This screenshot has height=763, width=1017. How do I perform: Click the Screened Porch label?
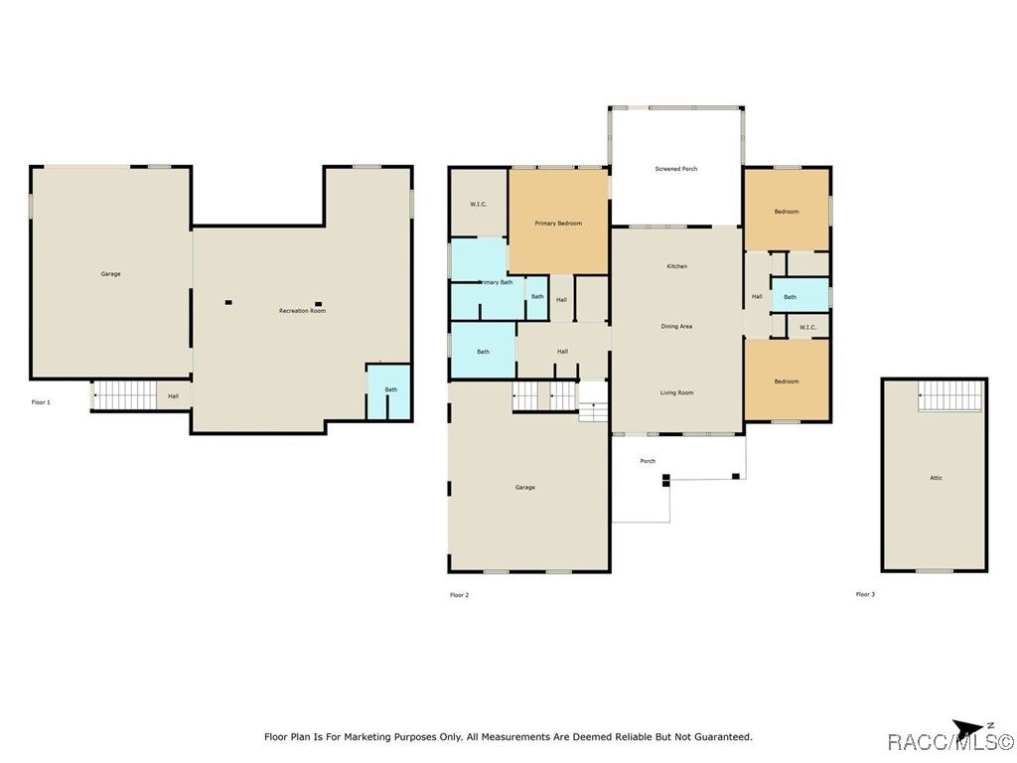click(675, 169)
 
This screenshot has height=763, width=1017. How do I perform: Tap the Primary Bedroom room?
click(558, 221)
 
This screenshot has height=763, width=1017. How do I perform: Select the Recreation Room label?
click(302, 311)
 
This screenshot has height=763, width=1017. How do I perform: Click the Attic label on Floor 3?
click(936, 478)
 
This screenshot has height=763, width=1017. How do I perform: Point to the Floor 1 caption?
click(41, 402)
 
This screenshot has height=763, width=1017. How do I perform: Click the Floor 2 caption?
click(459, 595)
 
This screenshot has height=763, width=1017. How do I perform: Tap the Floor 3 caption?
click(865, 594)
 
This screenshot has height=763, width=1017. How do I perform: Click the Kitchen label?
click(676, 266)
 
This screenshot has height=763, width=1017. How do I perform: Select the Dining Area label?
click(676, 326)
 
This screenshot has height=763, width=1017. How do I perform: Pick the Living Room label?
click(676, 392)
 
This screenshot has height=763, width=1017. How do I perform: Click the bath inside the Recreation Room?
click(389, 391)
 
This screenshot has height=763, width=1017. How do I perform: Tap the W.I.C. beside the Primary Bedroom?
click(479, 202)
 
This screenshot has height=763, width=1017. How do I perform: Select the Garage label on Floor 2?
click(525, 487)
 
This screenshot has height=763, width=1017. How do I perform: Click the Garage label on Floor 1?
click(111, 274)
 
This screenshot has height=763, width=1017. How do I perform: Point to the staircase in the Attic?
click(950, 395)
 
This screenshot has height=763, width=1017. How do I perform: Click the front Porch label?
click(648, 461)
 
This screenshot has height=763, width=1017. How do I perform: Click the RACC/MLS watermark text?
click(950, 741)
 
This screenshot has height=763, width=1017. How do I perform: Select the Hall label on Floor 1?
click(173, 396)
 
